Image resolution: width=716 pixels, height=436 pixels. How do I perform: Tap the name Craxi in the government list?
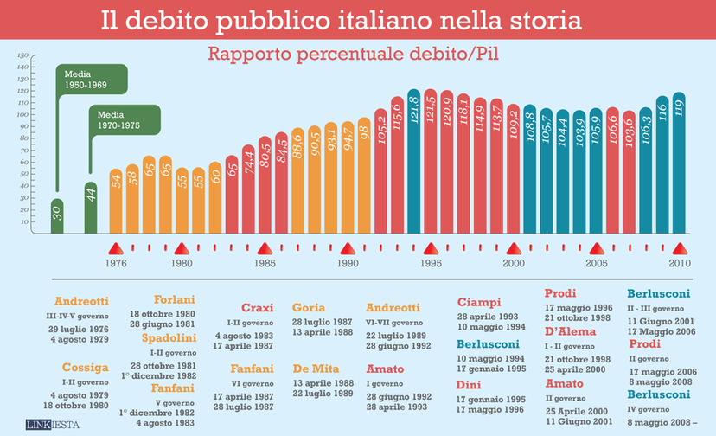click(x=257, y=308)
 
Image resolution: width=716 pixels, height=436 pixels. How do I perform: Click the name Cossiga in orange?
click(x=78, y=368)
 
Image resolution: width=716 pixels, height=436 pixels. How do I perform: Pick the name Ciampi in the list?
click(x=479, y=303)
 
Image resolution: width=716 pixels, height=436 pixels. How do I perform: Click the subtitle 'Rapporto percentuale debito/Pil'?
click(x=356, y=54)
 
